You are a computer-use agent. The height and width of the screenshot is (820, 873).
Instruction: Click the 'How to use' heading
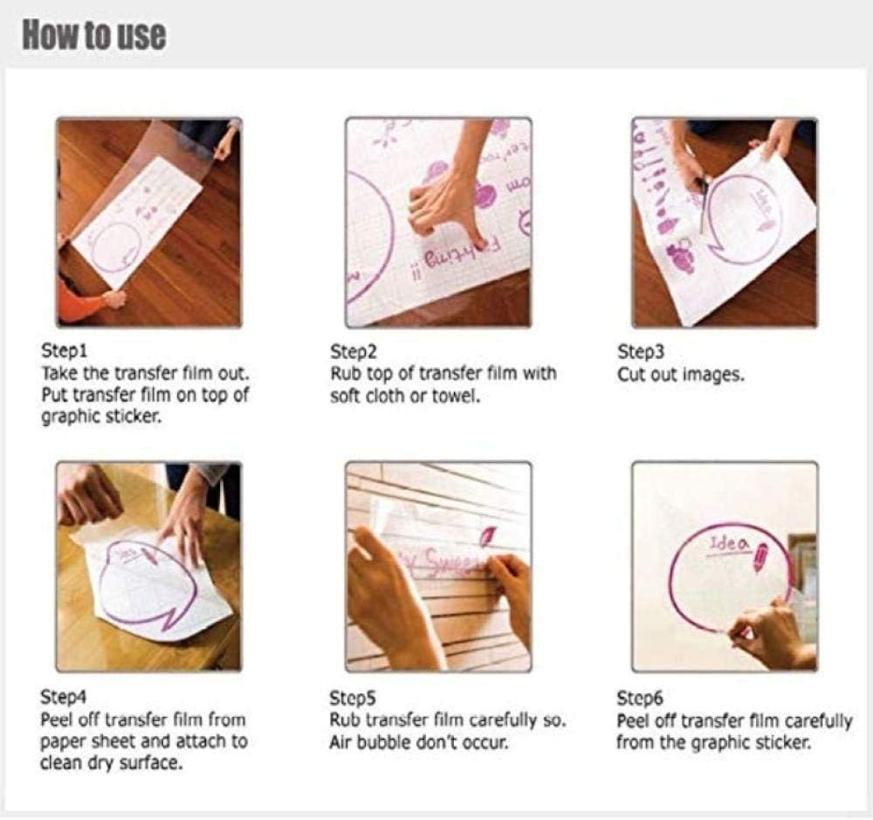pyautogui.click(x=94, y=35)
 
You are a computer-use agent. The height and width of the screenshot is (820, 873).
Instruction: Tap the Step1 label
pyautogui.click(x=64, y=351)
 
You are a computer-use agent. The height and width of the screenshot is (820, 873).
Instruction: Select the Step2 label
pyautogui.click(x=353, y=352)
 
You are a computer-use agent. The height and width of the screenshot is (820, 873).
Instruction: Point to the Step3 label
pyautogui.click(x=641, y=352)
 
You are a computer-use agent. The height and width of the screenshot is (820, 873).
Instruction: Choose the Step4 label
pyautogui.click(x=64, y=697)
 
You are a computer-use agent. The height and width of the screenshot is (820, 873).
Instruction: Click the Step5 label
pyautogui.click(x=353, y=698)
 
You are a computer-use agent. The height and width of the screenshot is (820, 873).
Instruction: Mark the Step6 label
pyautogui.click(x=640, y=698)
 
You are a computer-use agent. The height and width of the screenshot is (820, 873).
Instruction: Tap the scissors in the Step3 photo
pyautogui.click(x=703, y=203)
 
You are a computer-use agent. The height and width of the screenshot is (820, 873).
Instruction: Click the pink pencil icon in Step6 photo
pyautogui.click(x=760, y=557)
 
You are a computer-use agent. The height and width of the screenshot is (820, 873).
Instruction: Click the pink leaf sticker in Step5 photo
pyautogui.click(x=488, y=536)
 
